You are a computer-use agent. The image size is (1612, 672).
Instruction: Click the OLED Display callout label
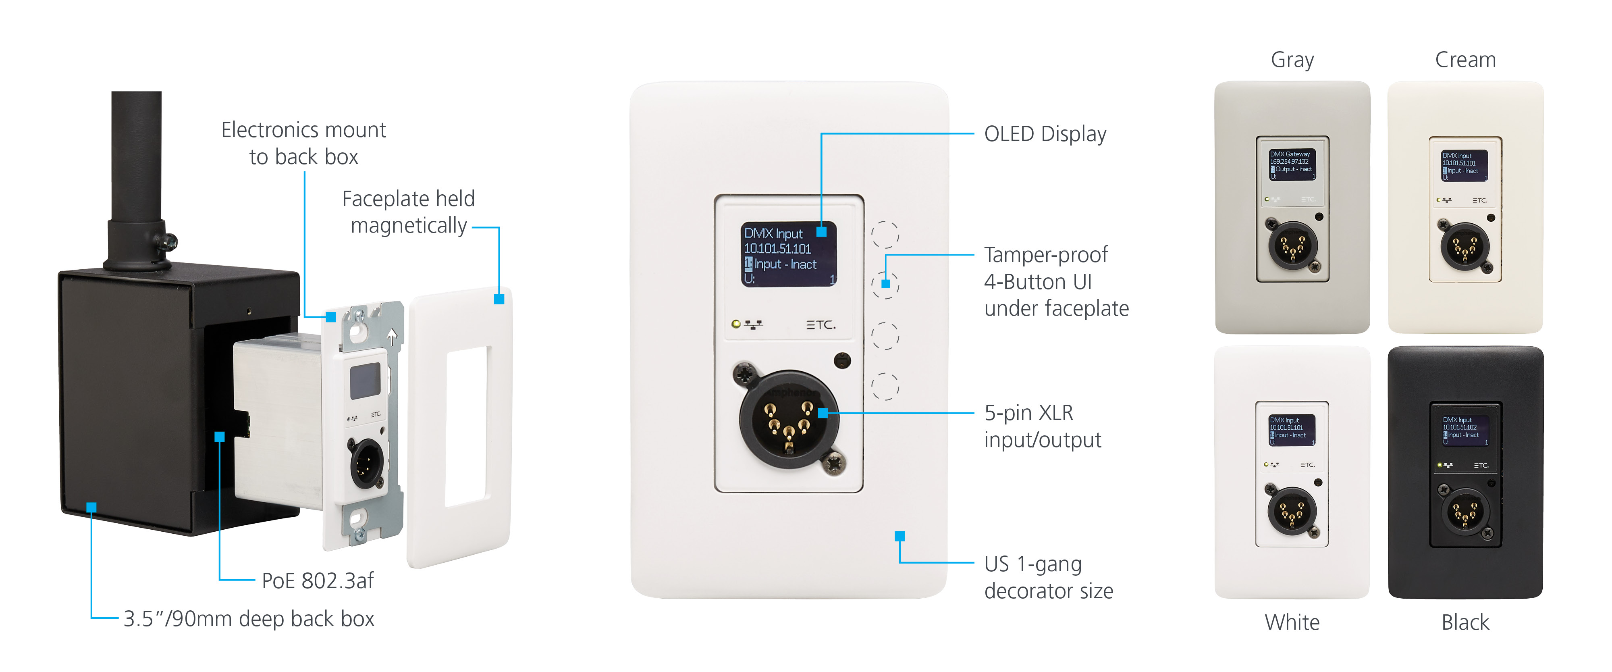pyautogui.click(x=1045, y=134)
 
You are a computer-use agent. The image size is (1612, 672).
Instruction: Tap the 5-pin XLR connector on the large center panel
pyautogui.click(x=789, y=419)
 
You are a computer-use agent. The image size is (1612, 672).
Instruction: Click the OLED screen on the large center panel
pyautogui.click(x=789, y=254)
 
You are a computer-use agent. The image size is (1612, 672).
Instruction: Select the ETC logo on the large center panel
pyautogui.click(x=821, y=325)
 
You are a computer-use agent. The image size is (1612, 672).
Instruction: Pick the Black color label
pyautogui.click(x=1465, y=622)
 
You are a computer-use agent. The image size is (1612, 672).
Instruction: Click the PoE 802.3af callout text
pyautogui.click(x=317, y=580)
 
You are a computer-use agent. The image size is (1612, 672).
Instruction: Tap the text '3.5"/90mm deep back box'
pyautogui.click(x=248, y=619)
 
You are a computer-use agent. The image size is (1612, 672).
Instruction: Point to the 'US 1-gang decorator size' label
pyautogui.click(x=1048, y=577)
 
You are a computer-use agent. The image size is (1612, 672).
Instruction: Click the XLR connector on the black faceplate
pyautogui.click(x=1465, y=513)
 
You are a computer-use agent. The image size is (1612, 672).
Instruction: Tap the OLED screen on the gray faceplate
pyautogui.click(x=1292, y=164)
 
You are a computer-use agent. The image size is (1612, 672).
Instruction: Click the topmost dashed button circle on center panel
pyautogui.click(x=885, y=235)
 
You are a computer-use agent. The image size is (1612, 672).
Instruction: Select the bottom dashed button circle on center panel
pyautogui.click(x=885, y=386)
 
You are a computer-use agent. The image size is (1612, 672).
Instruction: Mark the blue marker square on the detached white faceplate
pyautogui.click(x=499, y=300)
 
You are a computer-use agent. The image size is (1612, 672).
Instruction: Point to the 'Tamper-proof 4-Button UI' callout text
pyautogui.click(x=1056, y=281)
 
